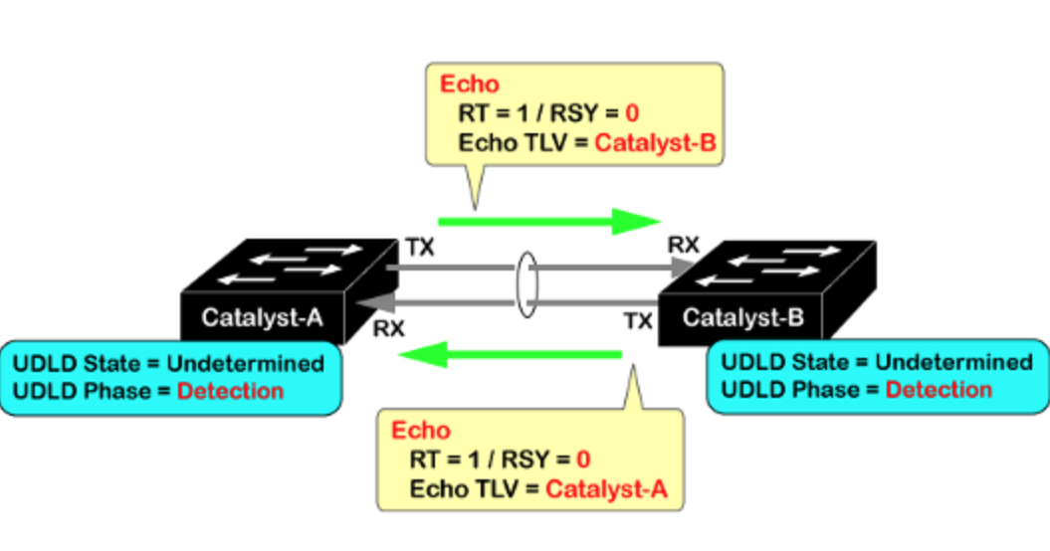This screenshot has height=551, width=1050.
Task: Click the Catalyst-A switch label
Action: click(262, 319)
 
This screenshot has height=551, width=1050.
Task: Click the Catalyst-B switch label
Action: click(743, 319)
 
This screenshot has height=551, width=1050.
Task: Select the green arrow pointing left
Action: click(509, 352)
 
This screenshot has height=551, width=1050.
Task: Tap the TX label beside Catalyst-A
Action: click(420, 247)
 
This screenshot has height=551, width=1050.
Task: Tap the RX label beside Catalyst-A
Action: click(389, 327)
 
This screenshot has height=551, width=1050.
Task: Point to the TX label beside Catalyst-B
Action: click(638, 320)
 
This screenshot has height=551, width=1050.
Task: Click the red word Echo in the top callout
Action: click(470, 84)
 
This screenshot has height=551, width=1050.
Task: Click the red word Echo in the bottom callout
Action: click(420, 431)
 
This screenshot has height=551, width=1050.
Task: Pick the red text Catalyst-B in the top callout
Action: click(655, 143)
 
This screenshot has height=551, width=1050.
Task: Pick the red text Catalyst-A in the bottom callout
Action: click(606, 488)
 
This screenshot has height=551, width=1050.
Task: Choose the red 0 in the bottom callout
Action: click(583, 459)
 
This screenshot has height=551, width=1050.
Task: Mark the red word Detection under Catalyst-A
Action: click(230, 391)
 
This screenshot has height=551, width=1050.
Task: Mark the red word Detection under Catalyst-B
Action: click(939, 390)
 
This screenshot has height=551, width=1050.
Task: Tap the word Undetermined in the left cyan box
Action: click(245, 363)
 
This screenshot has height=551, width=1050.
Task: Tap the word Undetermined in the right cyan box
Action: click(953, 362)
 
